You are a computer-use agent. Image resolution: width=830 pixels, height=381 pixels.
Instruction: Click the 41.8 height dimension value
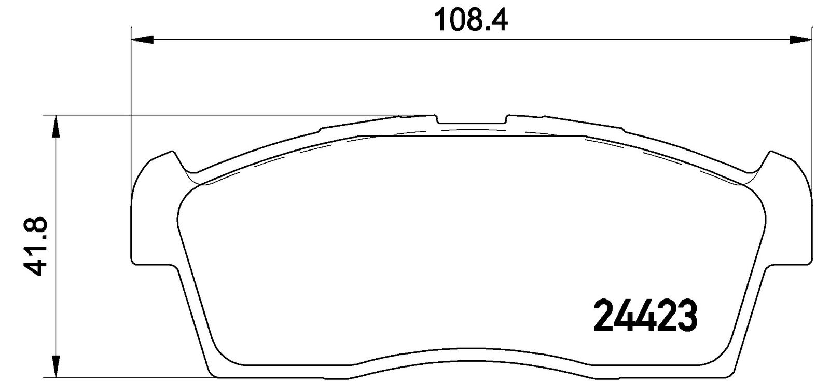(x=35, y=246)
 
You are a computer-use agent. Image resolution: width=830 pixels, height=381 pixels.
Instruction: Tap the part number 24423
(x=645, y=316)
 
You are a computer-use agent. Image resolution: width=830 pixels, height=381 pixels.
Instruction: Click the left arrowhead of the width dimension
(x=142, y=39)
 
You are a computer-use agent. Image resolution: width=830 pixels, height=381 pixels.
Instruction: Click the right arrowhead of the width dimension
(x=800, y=39)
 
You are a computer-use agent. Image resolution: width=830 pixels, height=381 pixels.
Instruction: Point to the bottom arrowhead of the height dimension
(x=55, y=366)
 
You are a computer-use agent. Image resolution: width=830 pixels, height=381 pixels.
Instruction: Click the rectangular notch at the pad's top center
(x=472, y=119)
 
